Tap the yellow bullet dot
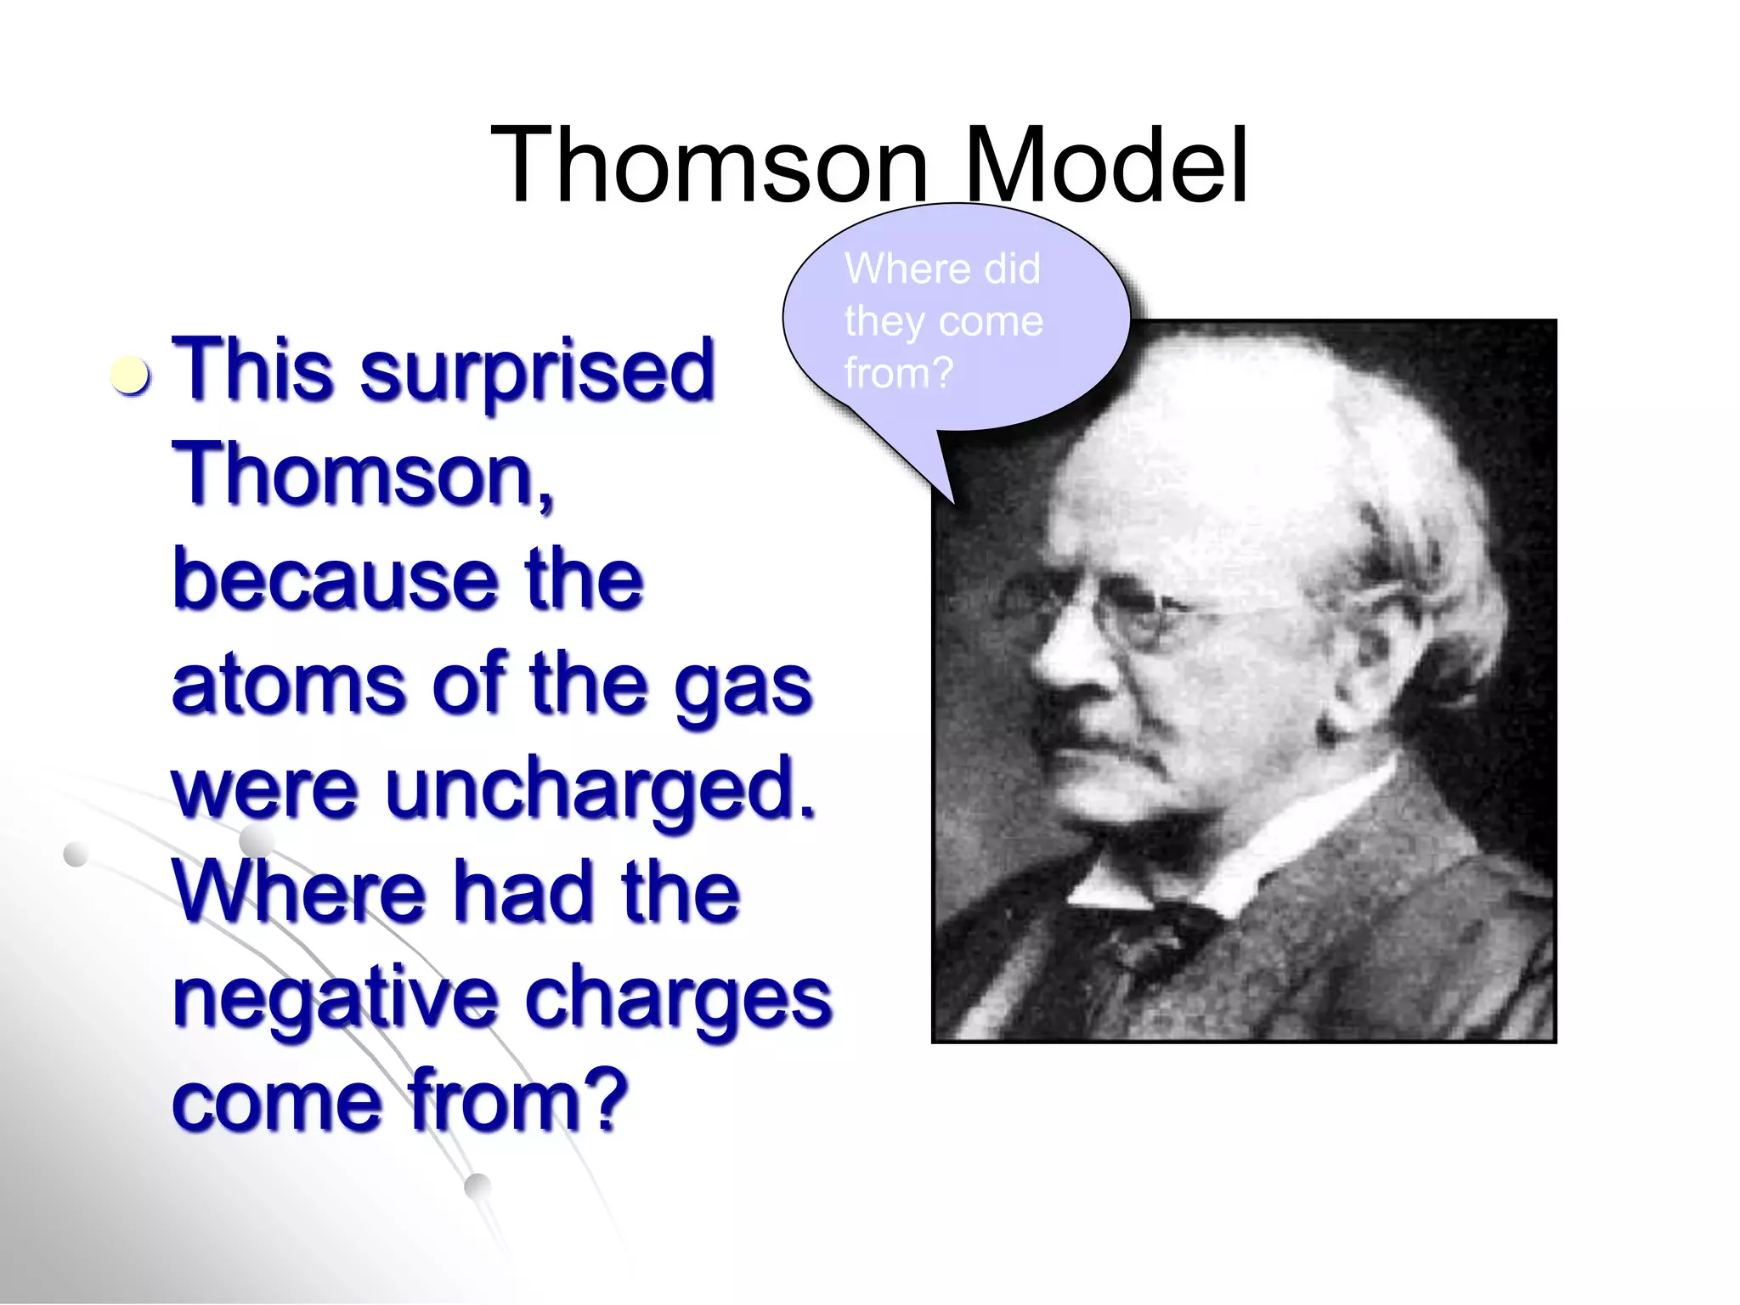coord(131,376)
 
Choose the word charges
coord(678,999)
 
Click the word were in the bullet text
coord(265,790)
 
